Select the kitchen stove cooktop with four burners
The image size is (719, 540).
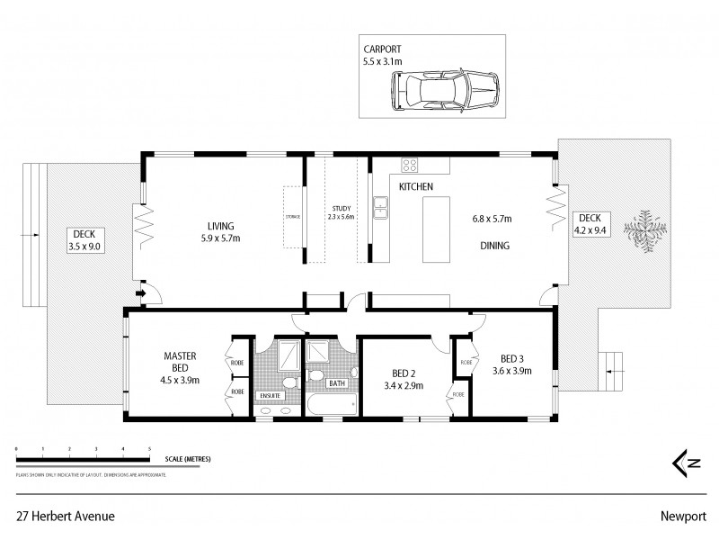tap(409, 165)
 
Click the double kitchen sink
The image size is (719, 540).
tap(381, 211)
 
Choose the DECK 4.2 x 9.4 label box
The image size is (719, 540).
tap(590, 223)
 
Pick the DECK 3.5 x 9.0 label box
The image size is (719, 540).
tap(84, 239)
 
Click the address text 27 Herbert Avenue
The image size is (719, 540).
tap(64, 517)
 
